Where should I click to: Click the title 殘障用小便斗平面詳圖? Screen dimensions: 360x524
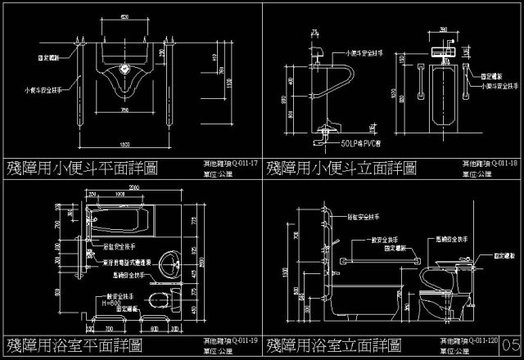tap(82, 169)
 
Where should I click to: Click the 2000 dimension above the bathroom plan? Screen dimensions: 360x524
tap(135, 187)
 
